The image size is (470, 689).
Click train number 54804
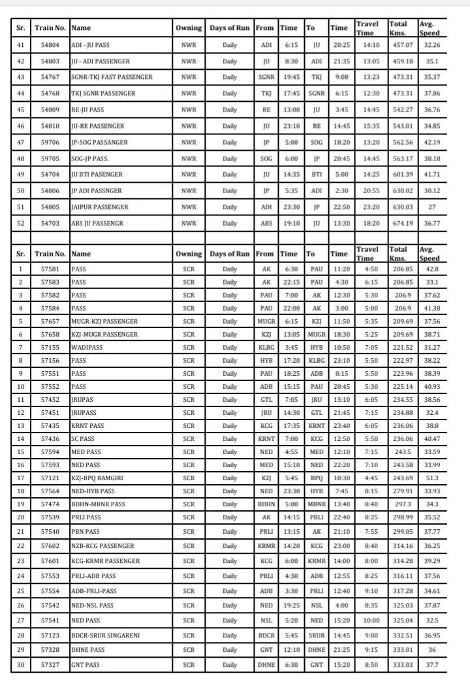pos(50,45)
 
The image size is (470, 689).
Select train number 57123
pos(50,635)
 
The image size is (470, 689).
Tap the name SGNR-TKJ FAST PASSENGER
pos(112,78)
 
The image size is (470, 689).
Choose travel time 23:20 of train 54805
pos(367,207)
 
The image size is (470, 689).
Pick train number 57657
pos(50,321)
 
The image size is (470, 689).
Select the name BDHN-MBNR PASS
pos(98,504)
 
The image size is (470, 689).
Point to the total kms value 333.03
pos(401,665)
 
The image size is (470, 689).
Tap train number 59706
pos(50,142)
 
